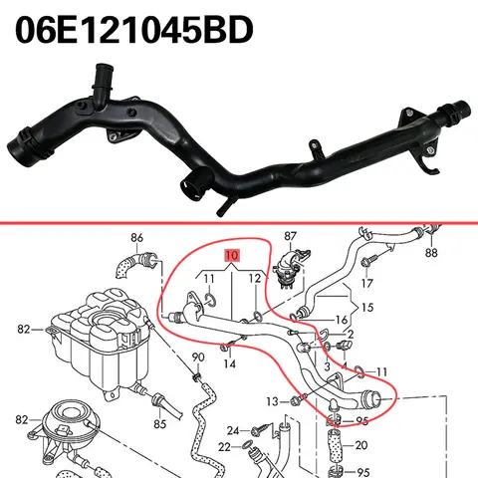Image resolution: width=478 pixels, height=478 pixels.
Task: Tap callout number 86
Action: click(136, 239)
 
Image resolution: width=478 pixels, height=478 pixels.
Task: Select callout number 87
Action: click(292, 236)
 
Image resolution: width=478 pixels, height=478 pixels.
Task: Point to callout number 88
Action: click(430, 253)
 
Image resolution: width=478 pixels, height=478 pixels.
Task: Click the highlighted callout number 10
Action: click(232, 256)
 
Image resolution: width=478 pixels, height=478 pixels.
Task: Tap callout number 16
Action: click(342, 321)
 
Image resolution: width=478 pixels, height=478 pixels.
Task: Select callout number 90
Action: click(197, 358)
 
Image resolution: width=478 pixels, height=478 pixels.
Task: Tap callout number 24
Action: click(232, 430)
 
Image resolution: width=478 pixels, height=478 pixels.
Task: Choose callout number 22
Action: click(225, 447)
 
